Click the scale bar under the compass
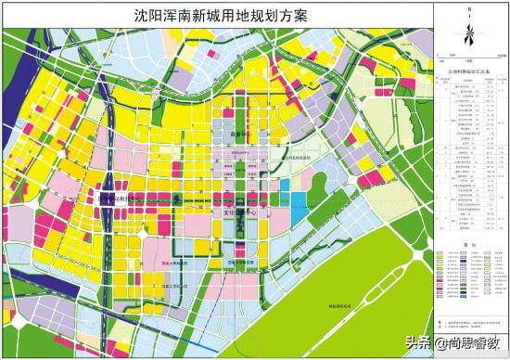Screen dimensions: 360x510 click(469, 58)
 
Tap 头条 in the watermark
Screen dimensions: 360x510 click(418, 341)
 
